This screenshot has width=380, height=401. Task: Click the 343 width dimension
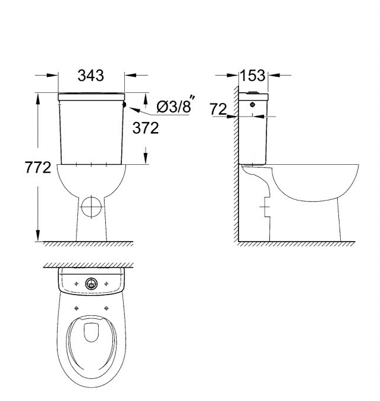pyautogui.click(x=91, y=76)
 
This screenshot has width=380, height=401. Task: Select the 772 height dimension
pyautogui.click(x=38, y=168)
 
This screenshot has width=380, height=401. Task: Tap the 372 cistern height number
pyautogui.click(x=146, y=128)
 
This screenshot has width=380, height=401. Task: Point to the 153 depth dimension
pyautogui.click(x=253, y=76)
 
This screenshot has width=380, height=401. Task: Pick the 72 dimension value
pyautogui.click(x=218, y=109)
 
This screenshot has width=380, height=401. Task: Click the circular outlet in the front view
pyautogui.click(x=91, y=206)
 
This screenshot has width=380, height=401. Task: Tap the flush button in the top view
pyautogui.click(x=91, y=283)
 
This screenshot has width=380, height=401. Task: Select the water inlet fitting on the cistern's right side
pyautogui.click(x=125, y=105)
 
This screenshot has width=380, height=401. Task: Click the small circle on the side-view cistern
pyautogui.click(x=253, y=105)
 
